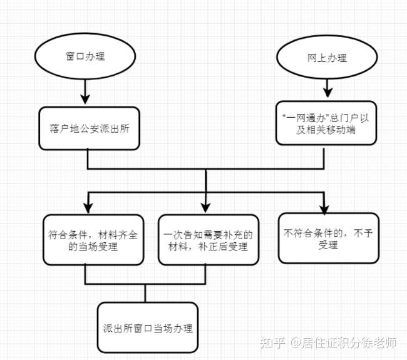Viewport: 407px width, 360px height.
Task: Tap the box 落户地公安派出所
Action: click(x=88, y=128)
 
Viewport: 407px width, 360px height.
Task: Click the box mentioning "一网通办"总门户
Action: click(x=326, y=123)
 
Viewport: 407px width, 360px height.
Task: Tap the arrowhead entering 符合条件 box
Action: click(x=87, y=207)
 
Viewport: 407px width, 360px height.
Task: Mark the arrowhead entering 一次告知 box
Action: click(x=207, y=207)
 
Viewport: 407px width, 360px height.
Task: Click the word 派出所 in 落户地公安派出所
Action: click(x=116, y=128)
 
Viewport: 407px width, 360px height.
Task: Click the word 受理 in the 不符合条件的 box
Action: click(x=328, y=245)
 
